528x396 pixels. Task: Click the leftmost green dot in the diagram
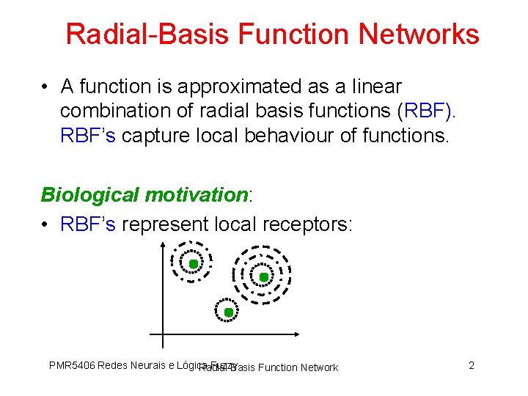[192, 264]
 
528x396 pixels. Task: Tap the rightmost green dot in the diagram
[264, 277]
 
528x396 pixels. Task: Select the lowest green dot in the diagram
[228, 312]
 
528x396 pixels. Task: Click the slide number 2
[472, 365]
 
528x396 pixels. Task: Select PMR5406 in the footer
[71, 365]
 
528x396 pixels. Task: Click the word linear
[375, 87]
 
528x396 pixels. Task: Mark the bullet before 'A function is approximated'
[45, 87]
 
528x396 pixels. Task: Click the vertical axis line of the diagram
[163, 293]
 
